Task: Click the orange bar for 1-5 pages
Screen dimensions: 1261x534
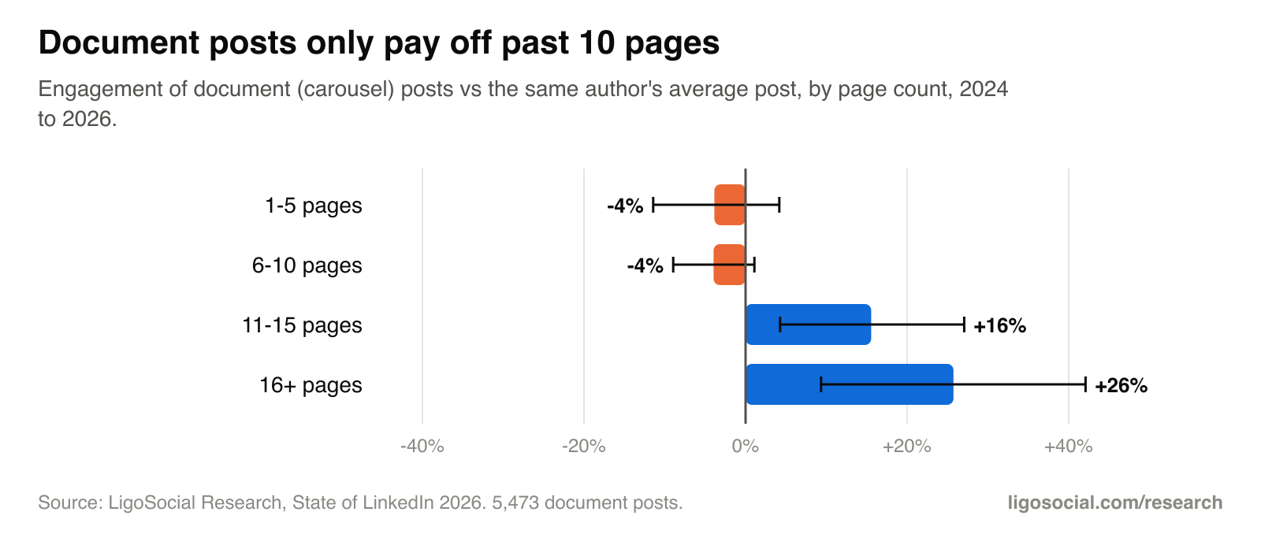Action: point(730,205)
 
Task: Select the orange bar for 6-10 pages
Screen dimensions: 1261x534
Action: point(730,265)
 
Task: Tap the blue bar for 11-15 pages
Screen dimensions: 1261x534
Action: point(809,324)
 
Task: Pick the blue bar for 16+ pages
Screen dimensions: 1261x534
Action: point(850,384)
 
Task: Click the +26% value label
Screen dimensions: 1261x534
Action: point(1121,385)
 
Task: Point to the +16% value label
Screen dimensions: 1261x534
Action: point(1000,326)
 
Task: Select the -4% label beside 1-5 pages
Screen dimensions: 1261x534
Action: point(625,206)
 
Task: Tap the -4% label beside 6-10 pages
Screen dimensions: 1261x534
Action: point(645,265)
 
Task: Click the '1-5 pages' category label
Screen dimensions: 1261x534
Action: point(314,206)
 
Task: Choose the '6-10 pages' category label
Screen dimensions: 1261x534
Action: point(307,265)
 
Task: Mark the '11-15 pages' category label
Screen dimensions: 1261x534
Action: point(302,325)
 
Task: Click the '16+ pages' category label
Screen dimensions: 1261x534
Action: point(311,385)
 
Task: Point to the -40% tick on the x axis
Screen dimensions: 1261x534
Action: point(422,447)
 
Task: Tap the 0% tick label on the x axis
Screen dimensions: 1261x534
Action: point(746,447)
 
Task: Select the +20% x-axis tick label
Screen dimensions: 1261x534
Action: point(907,447)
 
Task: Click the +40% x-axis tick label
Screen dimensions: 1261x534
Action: point(1069,447)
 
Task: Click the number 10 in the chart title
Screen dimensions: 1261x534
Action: point(597,43)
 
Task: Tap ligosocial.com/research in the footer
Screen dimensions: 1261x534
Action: point(1114,502)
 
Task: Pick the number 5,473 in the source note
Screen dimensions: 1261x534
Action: point(515,502)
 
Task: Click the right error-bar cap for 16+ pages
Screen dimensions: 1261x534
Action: point(1085,384)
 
